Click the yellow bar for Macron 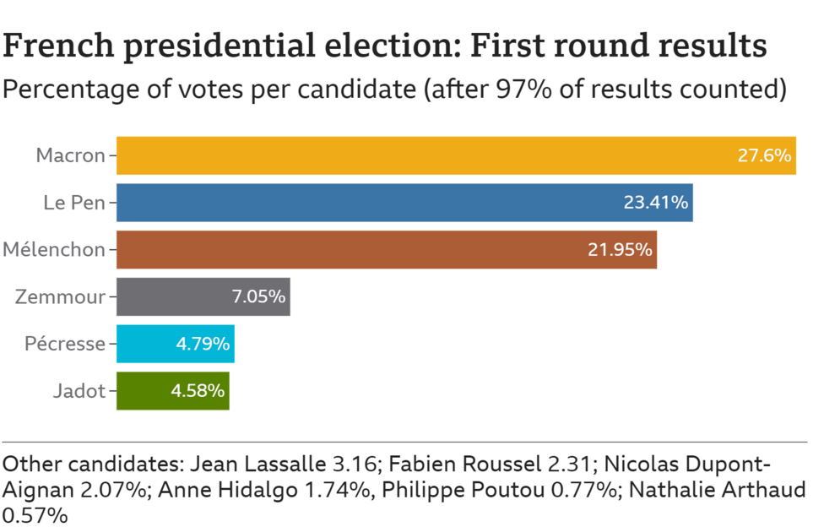click(422, 155)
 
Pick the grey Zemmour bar click(169, 297)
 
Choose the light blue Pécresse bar click(144, 344)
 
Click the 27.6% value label click(764, 155)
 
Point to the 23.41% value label click(655, 203)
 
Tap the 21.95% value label click(619, 250)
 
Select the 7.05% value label click(257, 297)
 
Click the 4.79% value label click(202, 344)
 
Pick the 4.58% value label click(197, 391)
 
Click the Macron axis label click(70, 155)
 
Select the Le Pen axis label click(73, 203)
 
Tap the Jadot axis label click(79, 391)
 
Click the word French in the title click(57, 46)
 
